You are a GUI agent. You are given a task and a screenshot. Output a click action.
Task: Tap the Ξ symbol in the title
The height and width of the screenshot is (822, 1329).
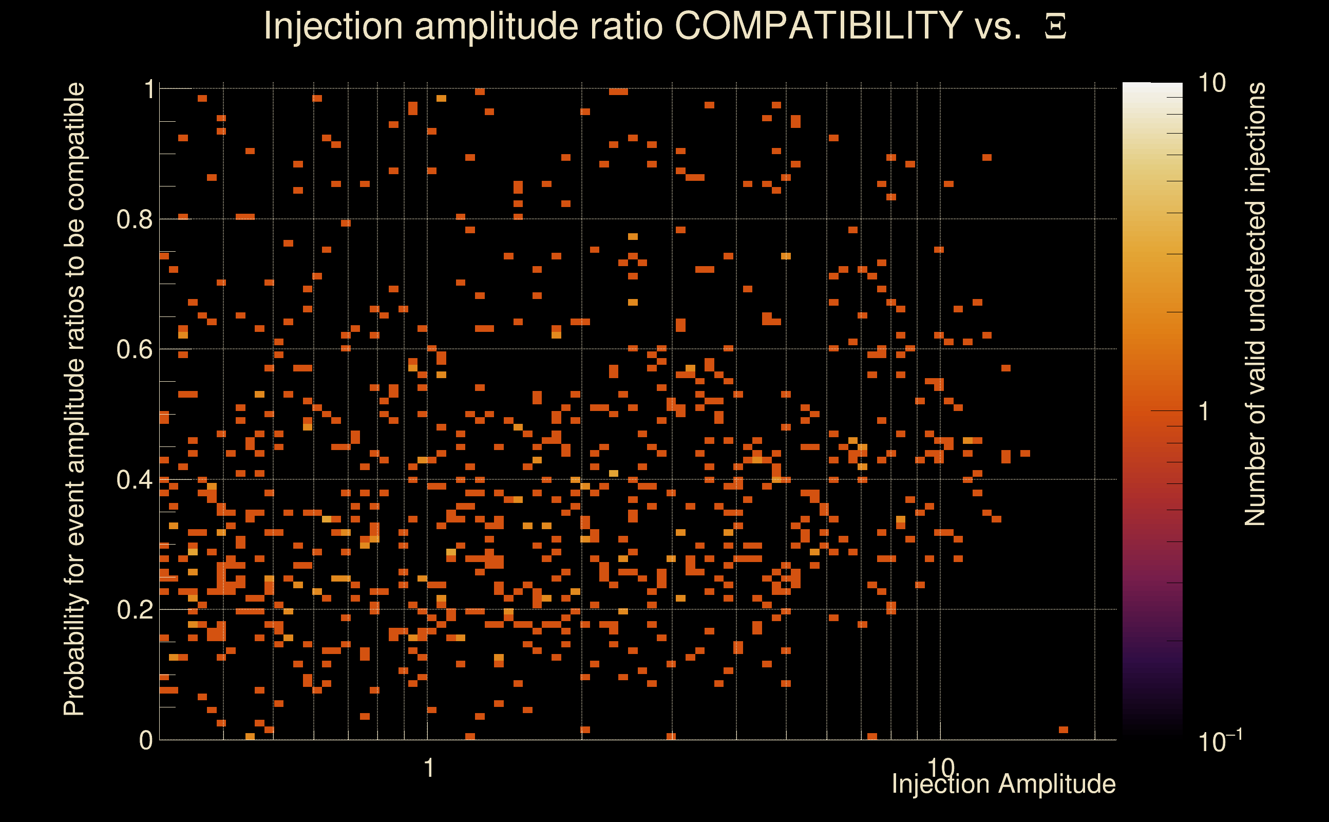(x=1055, y=27)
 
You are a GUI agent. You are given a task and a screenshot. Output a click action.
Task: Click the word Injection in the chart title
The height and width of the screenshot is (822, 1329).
(x=333, y=26)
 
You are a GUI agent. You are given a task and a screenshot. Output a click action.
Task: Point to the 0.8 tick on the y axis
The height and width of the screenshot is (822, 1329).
(x=134, y=220)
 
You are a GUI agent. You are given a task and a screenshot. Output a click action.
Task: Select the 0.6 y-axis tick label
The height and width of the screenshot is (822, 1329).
(x=134, y=349)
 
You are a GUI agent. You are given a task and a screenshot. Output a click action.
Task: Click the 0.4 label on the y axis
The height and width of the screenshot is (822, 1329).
(x=134, y=479)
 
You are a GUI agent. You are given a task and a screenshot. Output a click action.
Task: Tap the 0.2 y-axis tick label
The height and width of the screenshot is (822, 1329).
(x=134, y=609)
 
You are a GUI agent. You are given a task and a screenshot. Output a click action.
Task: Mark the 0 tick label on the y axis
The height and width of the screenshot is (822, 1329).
(x=146, y=740)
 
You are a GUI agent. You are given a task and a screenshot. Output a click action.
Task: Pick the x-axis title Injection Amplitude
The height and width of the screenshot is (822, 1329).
(x=1003, y=783)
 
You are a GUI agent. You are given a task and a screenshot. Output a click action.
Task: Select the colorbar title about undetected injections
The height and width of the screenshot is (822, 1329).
(x=1255, y=304)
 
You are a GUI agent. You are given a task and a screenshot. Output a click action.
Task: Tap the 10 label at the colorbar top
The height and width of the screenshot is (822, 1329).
(x=1211, y=83)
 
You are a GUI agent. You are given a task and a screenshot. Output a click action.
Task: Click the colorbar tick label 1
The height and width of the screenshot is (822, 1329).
(x=1204, y=412)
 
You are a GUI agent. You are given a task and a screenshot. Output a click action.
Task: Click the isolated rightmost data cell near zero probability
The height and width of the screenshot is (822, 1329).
(x=1064, y=730)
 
